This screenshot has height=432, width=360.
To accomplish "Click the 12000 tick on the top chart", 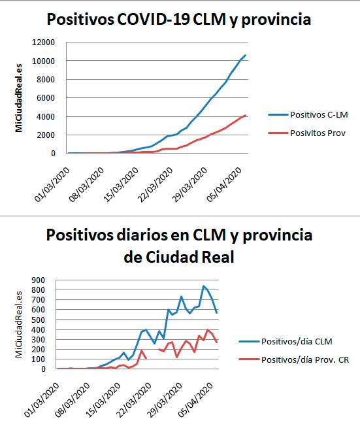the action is pyautogui.click(x=44, y=42).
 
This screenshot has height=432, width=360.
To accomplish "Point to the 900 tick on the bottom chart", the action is pyautogui.click(x=39, y=280).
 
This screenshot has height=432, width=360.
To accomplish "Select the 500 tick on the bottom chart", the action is pyautogui.click(x=39, y=320).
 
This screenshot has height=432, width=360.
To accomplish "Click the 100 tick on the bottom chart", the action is pyautogui.click(x=39, y=359).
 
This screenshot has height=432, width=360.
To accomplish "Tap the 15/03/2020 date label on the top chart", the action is pyautogui.click(x=121, y=184).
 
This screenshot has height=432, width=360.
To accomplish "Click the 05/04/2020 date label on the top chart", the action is pyautogui.click(x=225, y=184).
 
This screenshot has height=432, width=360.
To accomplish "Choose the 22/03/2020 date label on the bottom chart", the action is pyautogui.click(x=134, y=400).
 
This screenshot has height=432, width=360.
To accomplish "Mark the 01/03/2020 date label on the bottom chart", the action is pyautogui.click(x=42, y=400).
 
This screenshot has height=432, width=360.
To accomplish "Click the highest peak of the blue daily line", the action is pyautogui.click(x=204, y=286).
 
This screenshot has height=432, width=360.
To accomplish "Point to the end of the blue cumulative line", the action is pyautogui.click(x=246, y=55).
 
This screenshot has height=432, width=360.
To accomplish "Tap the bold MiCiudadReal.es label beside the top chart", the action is pyautogui.click(x=19, y=98).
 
